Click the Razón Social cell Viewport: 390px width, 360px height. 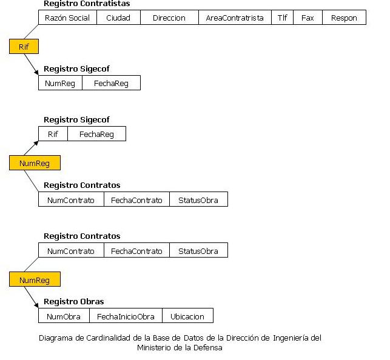tap(67, 18)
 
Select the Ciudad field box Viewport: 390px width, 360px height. tap(118, 18)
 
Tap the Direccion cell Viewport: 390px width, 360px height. tap(169, 18)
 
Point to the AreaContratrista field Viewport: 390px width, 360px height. tap(235, 18)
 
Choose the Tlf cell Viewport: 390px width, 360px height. tap(282, 18)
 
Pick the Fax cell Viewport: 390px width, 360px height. tap(308, 18)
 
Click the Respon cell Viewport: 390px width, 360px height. tap(344, 18)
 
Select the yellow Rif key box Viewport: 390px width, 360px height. tap(24, 47)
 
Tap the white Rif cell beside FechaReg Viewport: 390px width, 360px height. tap(53, 134)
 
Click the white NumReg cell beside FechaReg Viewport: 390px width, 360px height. tap(60, 83)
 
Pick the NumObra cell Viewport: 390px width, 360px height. tap(64, 316)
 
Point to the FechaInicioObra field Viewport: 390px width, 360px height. tap(126, 316)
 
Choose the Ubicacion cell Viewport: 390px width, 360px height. tap(187, 316)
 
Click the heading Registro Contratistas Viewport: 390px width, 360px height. tap(87, 4)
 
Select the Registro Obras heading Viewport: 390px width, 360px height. tap(74, 302)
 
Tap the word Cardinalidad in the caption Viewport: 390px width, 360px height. tap(109, 338)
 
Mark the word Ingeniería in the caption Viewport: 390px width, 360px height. tap(291, 338)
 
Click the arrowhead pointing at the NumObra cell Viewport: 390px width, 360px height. tap(36, 305)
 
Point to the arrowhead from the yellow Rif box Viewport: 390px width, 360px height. tap(36, 72)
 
